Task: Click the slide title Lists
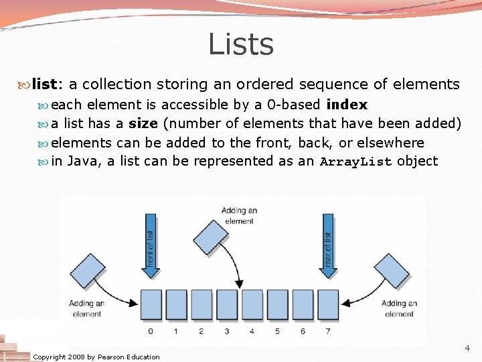click(241, 45)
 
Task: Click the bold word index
click(346, 105)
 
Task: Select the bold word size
click(143, 124)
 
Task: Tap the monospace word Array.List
click(356, 162)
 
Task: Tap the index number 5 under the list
click(278, 331)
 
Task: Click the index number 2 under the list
click(202, 331)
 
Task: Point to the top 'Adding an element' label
click(239, 216)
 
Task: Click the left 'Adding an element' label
click(87, 308)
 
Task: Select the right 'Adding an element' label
click(399, 308)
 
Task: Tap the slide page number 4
click(467, 349)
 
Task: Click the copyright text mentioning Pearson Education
click(96, 357)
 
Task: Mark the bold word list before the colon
click(45, 84)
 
